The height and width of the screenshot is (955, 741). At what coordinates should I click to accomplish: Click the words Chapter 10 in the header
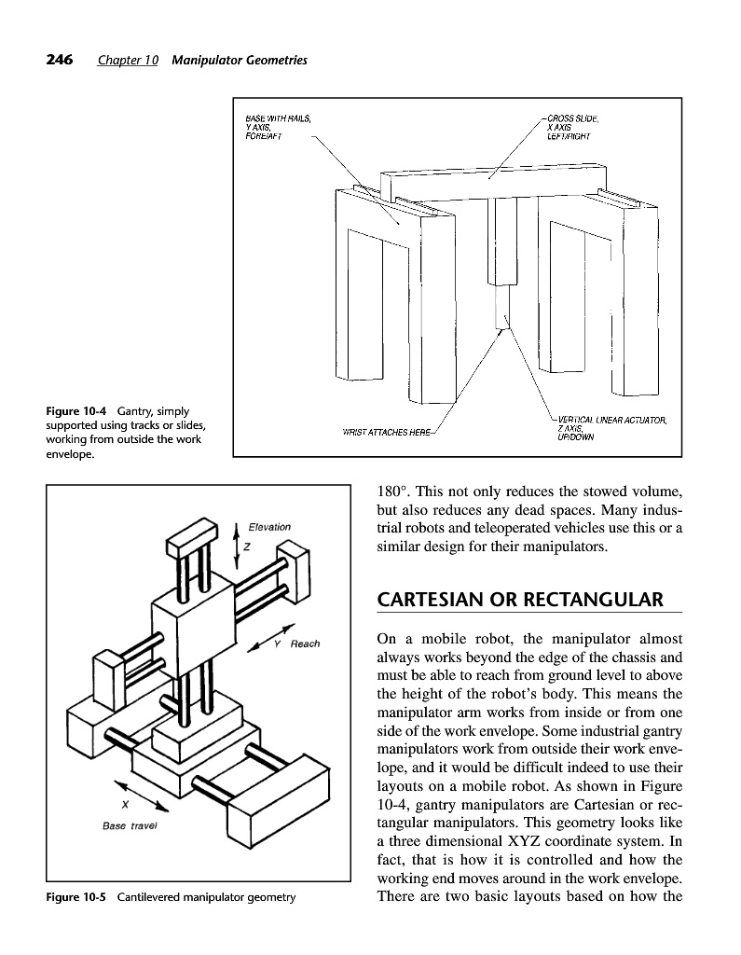pos(128,61)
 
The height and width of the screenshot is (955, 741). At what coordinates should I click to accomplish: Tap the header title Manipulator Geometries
pos(240,61)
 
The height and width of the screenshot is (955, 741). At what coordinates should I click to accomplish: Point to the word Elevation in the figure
pos(269,528)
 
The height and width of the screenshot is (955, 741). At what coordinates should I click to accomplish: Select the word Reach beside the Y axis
pos(305,644)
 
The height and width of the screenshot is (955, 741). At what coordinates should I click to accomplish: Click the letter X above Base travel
pos(125,805)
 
